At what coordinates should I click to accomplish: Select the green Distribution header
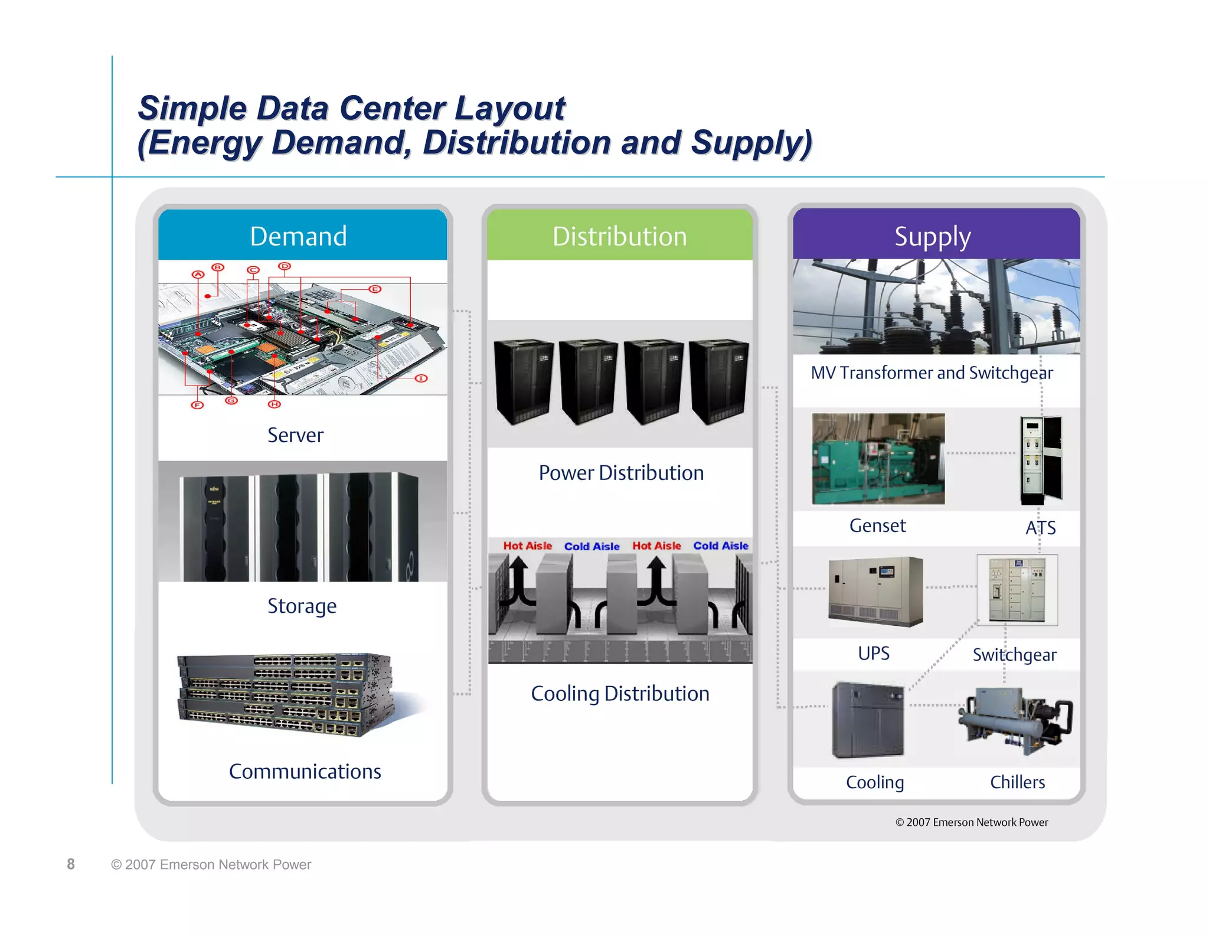[619, 236]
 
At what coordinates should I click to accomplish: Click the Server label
[295, 435]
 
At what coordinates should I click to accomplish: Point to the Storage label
[302, 606]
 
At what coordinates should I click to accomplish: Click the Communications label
[305, 771]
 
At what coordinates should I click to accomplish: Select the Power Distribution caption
[620, 473]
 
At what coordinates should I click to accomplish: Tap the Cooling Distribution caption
[620, 694]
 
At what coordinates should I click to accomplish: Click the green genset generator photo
[878, 459]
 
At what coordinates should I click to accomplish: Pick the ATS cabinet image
[1041, 459]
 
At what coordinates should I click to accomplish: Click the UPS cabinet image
[875, 591]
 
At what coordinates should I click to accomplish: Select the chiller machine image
[1014, 721]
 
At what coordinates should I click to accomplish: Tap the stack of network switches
[285, 694]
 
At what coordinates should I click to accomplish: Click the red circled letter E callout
[375, 289]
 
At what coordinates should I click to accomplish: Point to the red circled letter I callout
[421, 378]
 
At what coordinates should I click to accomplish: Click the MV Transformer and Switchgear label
[932, 373]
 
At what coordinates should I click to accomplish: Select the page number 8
[71, 864]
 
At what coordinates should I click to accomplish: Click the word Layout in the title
[509, 109]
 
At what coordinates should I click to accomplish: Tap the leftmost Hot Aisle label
[527, 546]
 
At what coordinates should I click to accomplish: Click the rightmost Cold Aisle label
[720, 546]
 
